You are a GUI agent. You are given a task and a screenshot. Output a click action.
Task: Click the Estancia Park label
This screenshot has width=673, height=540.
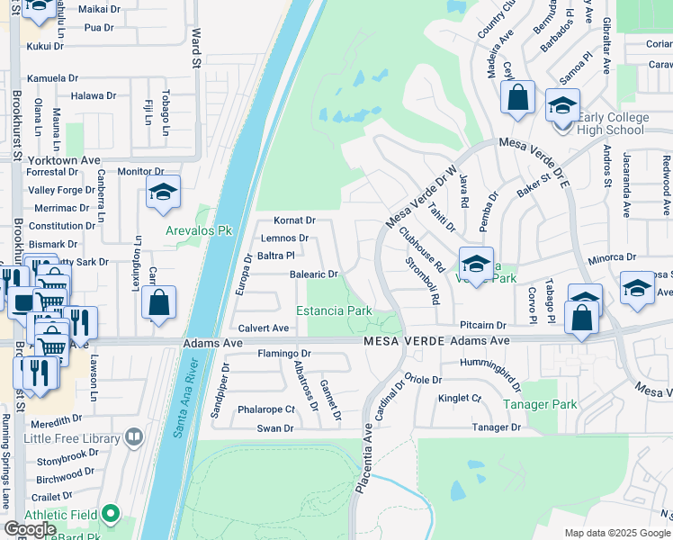point(340,311)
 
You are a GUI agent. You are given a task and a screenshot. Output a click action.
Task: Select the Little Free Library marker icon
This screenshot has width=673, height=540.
point(134,437)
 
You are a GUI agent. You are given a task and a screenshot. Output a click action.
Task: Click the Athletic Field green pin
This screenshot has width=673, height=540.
point(110,514)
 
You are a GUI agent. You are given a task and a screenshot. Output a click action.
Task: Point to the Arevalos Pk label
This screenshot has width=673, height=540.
point(199,231)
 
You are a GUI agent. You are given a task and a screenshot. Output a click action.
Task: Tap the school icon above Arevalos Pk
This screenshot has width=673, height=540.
point(163,192)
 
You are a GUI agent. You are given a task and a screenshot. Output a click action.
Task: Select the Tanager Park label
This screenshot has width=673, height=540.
point(540,405)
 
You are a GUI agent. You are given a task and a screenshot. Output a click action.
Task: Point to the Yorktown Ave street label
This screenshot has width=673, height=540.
point(64,160)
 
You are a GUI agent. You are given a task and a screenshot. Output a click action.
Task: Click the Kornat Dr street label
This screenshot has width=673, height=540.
point(294,220)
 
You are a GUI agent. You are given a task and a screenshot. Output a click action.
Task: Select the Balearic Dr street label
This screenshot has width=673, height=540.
point(313,274)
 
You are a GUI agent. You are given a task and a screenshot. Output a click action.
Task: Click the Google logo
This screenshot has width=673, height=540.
point(30,529)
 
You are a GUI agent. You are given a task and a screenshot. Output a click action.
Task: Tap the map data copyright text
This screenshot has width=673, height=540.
point(616,533)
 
